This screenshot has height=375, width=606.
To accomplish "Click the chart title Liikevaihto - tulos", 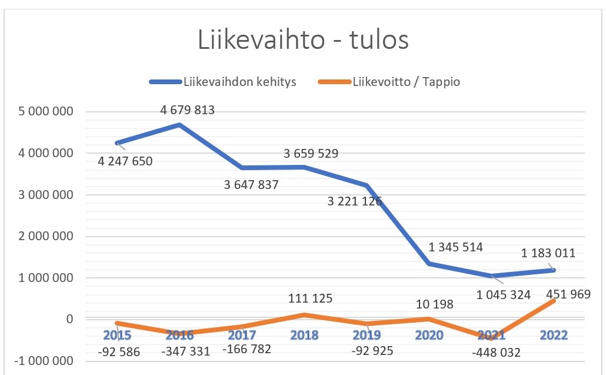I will [302, 42].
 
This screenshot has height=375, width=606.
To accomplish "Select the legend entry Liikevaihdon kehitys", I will [240, 82].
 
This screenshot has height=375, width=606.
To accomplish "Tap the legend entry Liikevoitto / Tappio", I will [406, 82].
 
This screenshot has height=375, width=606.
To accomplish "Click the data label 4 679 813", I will [188, 109].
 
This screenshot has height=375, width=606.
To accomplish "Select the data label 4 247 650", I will [125, 161].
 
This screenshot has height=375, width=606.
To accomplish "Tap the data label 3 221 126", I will [355, 201].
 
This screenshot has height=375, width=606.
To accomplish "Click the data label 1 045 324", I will [504, 294].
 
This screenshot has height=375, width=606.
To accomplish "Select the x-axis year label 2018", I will [304, 336].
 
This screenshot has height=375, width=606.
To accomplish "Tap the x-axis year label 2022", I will [554, 336].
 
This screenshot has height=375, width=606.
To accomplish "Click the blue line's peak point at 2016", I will [179, 124].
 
